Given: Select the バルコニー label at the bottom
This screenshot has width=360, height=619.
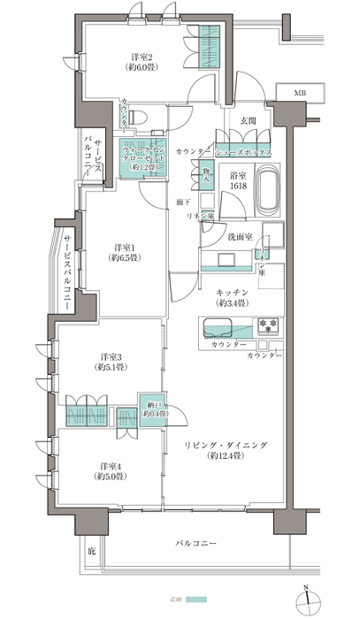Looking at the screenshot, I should coord(196,540).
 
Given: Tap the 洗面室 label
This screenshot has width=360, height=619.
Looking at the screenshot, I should coord(240,237).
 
